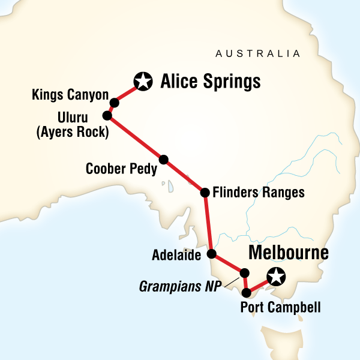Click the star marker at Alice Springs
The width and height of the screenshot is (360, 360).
142,81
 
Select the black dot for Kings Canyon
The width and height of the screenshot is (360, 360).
114,103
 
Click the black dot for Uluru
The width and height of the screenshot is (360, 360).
107,115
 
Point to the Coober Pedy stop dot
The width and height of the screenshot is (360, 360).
163,160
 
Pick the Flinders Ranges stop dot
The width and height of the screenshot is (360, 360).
205,193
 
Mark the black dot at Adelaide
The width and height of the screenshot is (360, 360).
212,254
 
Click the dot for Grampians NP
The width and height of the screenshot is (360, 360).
244,273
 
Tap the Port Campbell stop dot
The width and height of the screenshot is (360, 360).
247,293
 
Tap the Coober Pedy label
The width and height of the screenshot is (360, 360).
121,169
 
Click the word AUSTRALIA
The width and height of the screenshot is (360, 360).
257,54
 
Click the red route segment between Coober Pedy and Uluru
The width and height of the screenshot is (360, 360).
135,137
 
